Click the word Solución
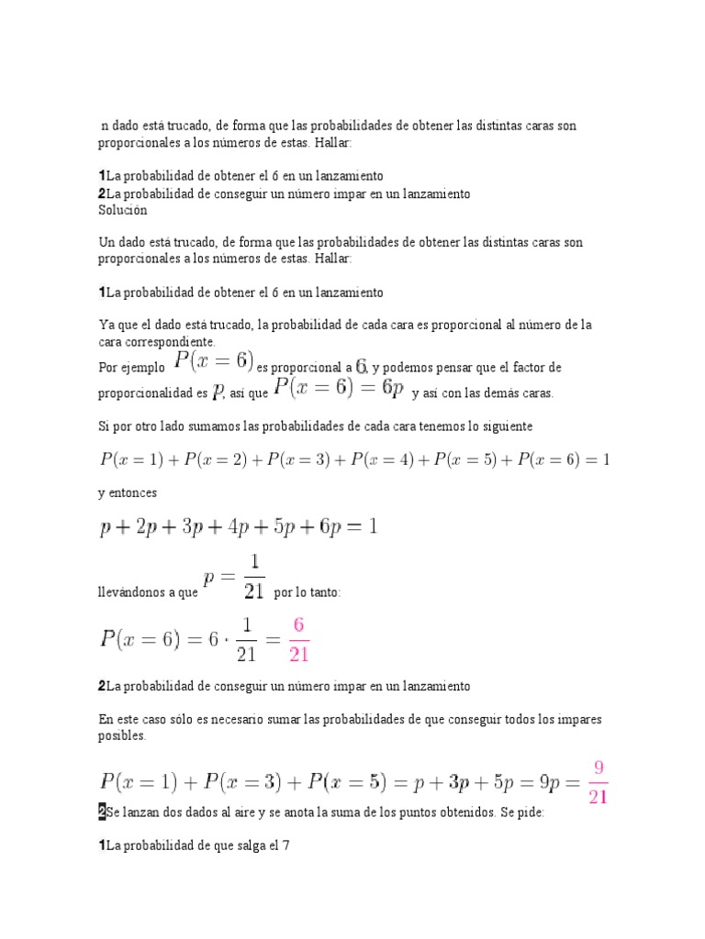122,210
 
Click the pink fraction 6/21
298,639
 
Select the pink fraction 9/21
599,781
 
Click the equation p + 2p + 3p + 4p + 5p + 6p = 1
238,527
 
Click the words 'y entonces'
128,492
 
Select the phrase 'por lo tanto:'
308,593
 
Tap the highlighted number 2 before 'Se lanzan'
102,812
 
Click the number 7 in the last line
286,845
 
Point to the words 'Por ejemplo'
131,367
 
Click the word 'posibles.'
121,735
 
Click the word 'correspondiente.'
156,341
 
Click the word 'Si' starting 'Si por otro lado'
103,427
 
